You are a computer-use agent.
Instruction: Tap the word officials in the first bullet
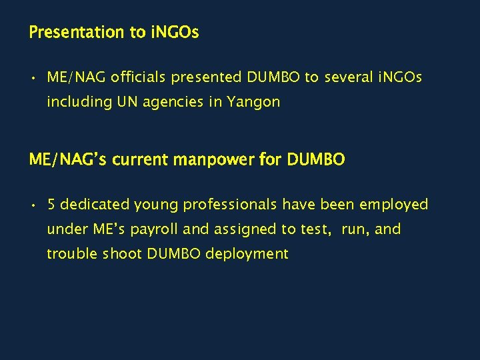(x=139, y=77)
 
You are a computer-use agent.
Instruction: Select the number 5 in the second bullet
(x=51, y=204)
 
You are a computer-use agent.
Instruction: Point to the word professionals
(x=231, y=204)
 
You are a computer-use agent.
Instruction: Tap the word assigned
(x=245, y=229)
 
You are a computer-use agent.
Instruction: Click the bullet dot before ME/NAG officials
(x=33, y=78)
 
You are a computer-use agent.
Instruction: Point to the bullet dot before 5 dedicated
(x=33, y=205)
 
